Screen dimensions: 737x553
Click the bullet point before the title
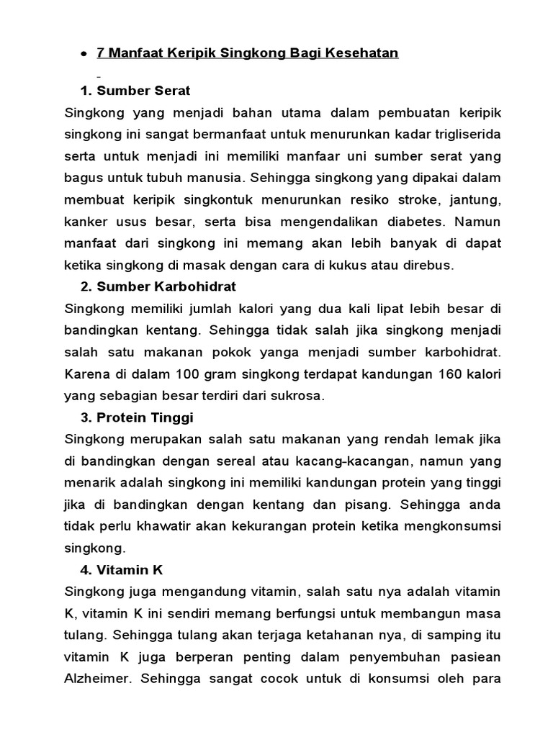click(x=85, y=55)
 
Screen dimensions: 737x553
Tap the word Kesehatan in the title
click(x=364, y=53)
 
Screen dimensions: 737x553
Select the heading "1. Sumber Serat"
click(x=135, y=91)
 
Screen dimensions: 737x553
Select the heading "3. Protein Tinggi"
click(x=137, y=417)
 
